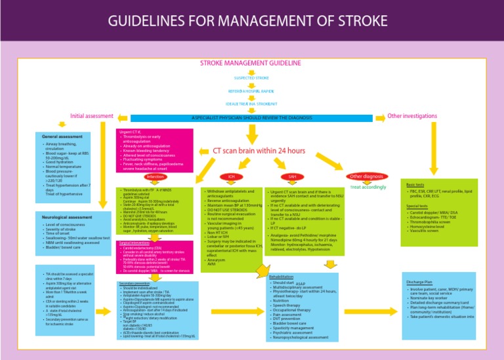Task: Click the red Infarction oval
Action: (x=156, y=177)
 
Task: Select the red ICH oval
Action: (x=231, y=177)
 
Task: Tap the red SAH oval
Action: (x=292, y=177)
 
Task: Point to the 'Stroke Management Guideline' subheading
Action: (x=251, y=63)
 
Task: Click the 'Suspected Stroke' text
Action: (x=251, y=77)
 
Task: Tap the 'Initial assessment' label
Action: (x=92, y=116)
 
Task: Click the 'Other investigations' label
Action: (x=412, y=115)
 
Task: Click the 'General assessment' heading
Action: (x=62, y=136)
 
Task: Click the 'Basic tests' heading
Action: (x=415, y=185)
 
